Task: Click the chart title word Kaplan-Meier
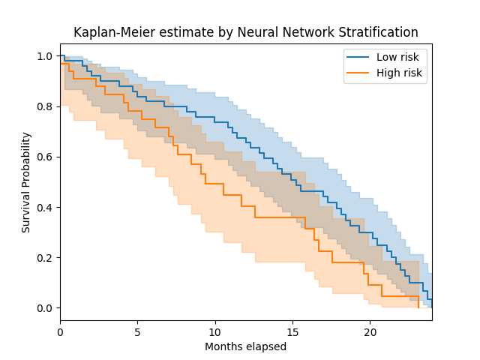[107, 32]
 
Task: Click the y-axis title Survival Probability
[26, 182]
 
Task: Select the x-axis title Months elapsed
[245, 346]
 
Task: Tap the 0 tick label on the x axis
[61, 330]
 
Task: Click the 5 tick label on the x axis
[138, 330]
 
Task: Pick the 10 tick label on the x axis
[215, 330]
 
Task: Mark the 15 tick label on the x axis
[292, 330]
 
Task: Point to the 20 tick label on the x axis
[370, 330]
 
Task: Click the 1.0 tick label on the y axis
[45, 56]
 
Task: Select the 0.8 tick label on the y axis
[45, 106]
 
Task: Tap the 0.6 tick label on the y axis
[45, 157]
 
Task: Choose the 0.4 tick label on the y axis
[45, 207]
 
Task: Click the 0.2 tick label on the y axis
[45, 257]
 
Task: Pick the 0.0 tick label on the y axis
[45, 308]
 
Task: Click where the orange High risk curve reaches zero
[418, 307]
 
